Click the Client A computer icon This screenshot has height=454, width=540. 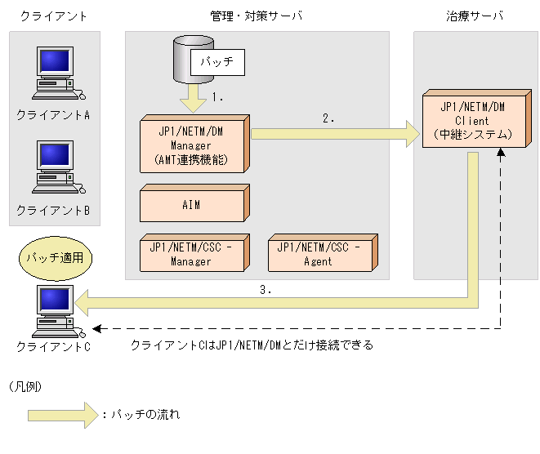(58, 73)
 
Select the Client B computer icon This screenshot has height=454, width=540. (58, 167)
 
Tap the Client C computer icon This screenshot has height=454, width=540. (58, 311)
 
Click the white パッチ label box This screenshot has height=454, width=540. (217, 62)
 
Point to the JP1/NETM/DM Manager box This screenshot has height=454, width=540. (194, 144)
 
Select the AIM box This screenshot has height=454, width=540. (194, 203)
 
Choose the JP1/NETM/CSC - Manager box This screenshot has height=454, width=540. (194, 253)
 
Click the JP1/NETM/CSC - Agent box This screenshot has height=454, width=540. (323, 253)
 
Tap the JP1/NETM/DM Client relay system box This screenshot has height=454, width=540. (477, 118)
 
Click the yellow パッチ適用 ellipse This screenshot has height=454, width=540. (56, 258)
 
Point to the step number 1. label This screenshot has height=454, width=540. (217, 97)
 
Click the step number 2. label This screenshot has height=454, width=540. (328, 118)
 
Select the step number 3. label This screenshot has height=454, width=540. (266, 290)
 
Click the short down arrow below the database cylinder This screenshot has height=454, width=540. (193, 98)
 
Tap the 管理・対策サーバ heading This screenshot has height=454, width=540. (257, 16)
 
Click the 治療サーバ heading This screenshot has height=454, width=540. (475, 16)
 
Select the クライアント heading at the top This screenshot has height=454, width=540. (53, 16)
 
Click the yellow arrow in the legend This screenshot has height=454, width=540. (64, 416)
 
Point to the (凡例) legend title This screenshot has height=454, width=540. (25, 386)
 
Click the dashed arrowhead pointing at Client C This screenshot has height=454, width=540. (96, 329)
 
